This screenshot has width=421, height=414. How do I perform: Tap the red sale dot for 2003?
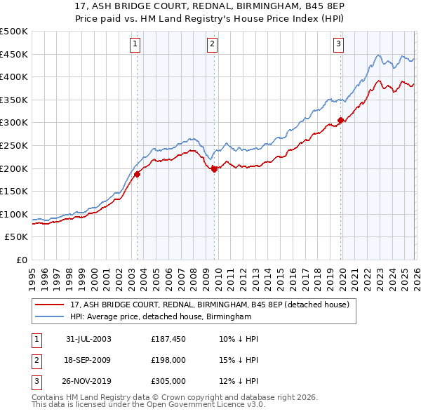(x=138, y=175)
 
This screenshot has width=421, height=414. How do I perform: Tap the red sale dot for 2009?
(x=214, y=168)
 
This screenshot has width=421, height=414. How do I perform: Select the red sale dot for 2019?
(x=340, y=121)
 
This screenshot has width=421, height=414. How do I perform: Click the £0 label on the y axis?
(x=21, y=260)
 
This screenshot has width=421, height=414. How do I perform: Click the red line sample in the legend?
(x=49, y=305)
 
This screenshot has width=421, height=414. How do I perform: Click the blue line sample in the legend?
(x=49, y=317)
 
